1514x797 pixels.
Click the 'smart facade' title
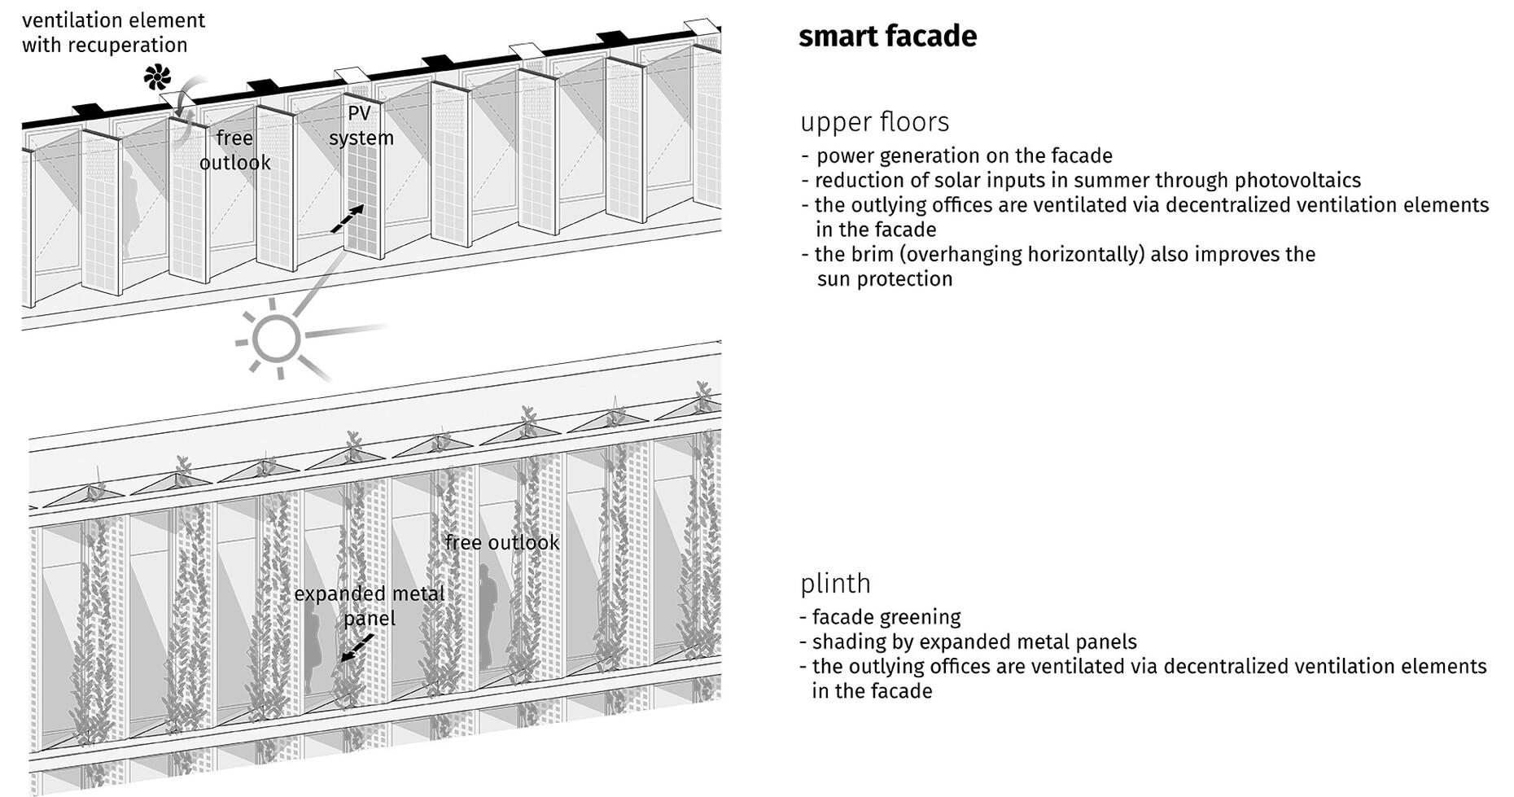887,37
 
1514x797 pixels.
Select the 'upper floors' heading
874,122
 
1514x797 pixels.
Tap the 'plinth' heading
835,584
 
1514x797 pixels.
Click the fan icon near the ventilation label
158,78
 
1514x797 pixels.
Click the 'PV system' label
361,125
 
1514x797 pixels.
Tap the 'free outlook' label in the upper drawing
234,151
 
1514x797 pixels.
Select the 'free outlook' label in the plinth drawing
501,542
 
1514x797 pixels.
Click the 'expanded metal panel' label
370,606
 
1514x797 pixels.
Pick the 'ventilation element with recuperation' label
113,33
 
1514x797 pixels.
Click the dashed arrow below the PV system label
347,219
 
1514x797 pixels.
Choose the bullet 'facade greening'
886,617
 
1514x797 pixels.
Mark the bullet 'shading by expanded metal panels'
974,642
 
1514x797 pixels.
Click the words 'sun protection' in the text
884,279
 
